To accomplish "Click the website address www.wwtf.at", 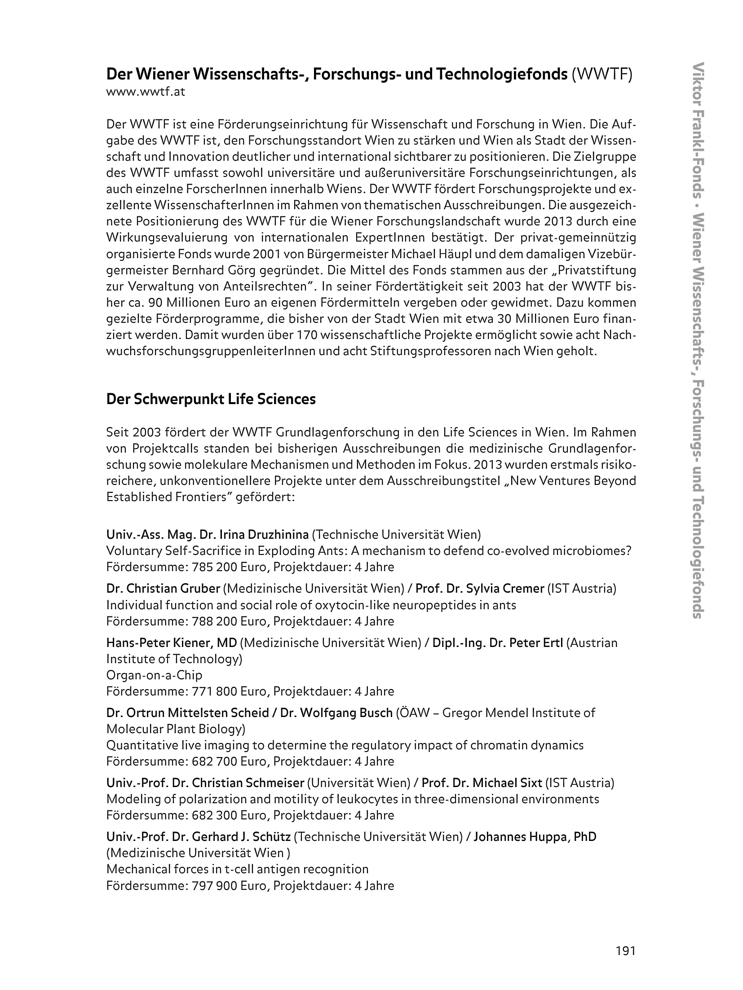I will [x=146, y=92].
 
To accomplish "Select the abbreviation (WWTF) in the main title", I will [x=602, y=74].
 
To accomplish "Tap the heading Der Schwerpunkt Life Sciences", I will [x=211, y=399].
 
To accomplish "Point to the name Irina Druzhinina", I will [x=264, y=535].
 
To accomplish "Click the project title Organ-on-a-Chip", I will [x=154, y=675].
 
